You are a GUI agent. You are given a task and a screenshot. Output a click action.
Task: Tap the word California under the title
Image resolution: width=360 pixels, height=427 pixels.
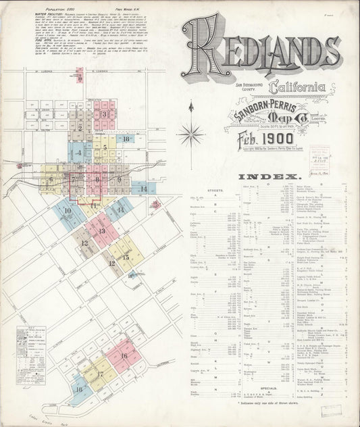296,88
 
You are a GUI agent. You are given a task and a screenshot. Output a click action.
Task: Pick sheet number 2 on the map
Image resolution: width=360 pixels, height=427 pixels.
80,127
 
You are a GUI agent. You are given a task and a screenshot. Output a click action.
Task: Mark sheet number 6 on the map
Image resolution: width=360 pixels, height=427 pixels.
50,180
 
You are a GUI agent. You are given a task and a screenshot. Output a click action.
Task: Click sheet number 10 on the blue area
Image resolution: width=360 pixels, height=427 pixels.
67,211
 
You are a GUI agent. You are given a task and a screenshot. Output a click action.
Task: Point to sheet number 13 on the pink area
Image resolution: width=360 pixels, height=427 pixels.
101,231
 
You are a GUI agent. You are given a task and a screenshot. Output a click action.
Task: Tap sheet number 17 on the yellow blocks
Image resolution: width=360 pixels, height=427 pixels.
99,374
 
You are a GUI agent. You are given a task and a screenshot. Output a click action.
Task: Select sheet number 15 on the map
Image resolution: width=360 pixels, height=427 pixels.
126,257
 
